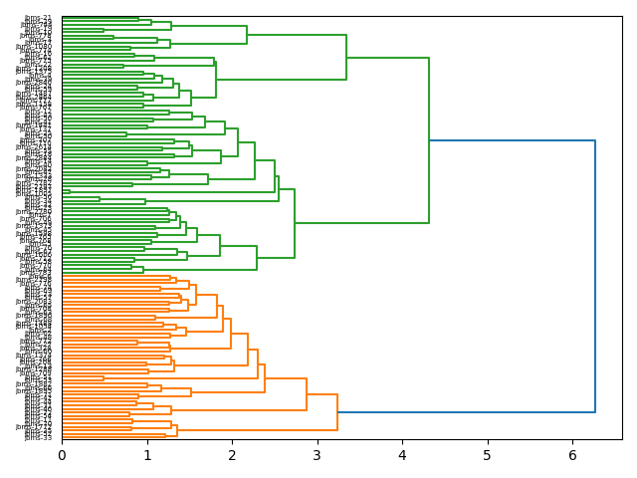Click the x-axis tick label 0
point(62,455)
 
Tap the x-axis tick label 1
point(146,455)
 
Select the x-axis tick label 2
point(232,455)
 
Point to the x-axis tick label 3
point(318,455)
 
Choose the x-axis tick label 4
point(402,455)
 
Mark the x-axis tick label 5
point(488,455)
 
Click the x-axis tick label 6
point(572,455)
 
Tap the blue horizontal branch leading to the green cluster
point(512,140)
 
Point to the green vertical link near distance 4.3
point(429,140)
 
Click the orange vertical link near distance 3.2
point(337,411)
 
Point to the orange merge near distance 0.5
point(104,378)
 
